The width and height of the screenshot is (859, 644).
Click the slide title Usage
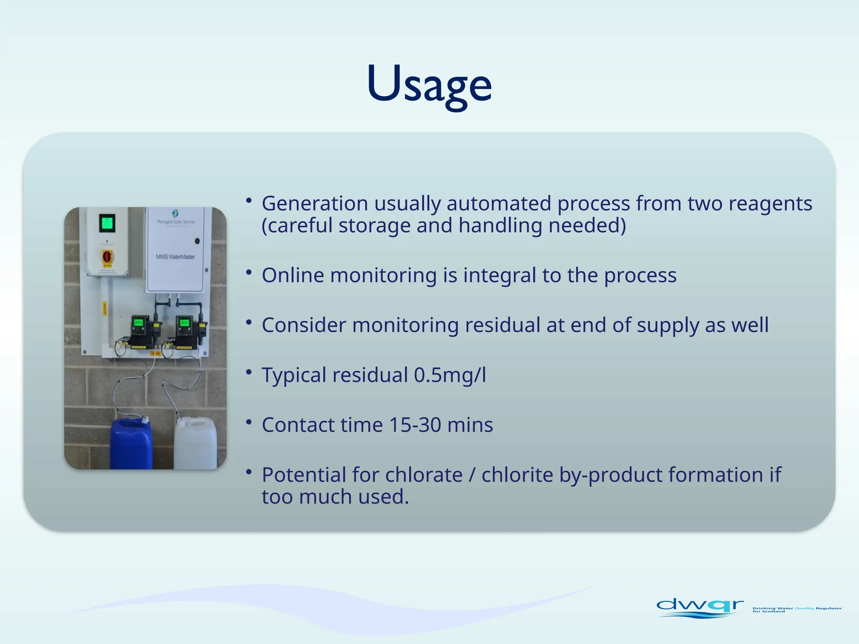(429, 84)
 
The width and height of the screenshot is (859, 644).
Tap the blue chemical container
(131, 444)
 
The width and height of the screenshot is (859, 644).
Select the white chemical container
(195, 444)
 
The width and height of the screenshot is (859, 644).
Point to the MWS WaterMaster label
(175, 257)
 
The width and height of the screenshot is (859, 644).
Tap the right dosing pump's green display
(184, 323)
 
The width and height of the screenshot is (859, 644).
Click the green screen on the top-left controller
(107, 222)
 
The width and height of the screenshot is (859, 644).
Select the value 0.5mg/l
(450, 375)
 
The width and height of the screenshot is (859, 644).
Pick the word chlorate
(424, 475)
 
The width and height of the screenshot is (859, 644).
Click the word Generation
(315, 204)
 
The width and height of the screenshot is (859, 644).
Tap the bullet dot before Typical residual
(249, 371)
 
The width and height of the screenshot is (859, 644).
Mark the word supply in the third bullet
(668, 326)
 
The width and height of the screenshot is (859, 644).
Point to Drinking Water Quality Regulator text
(797, 609)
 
